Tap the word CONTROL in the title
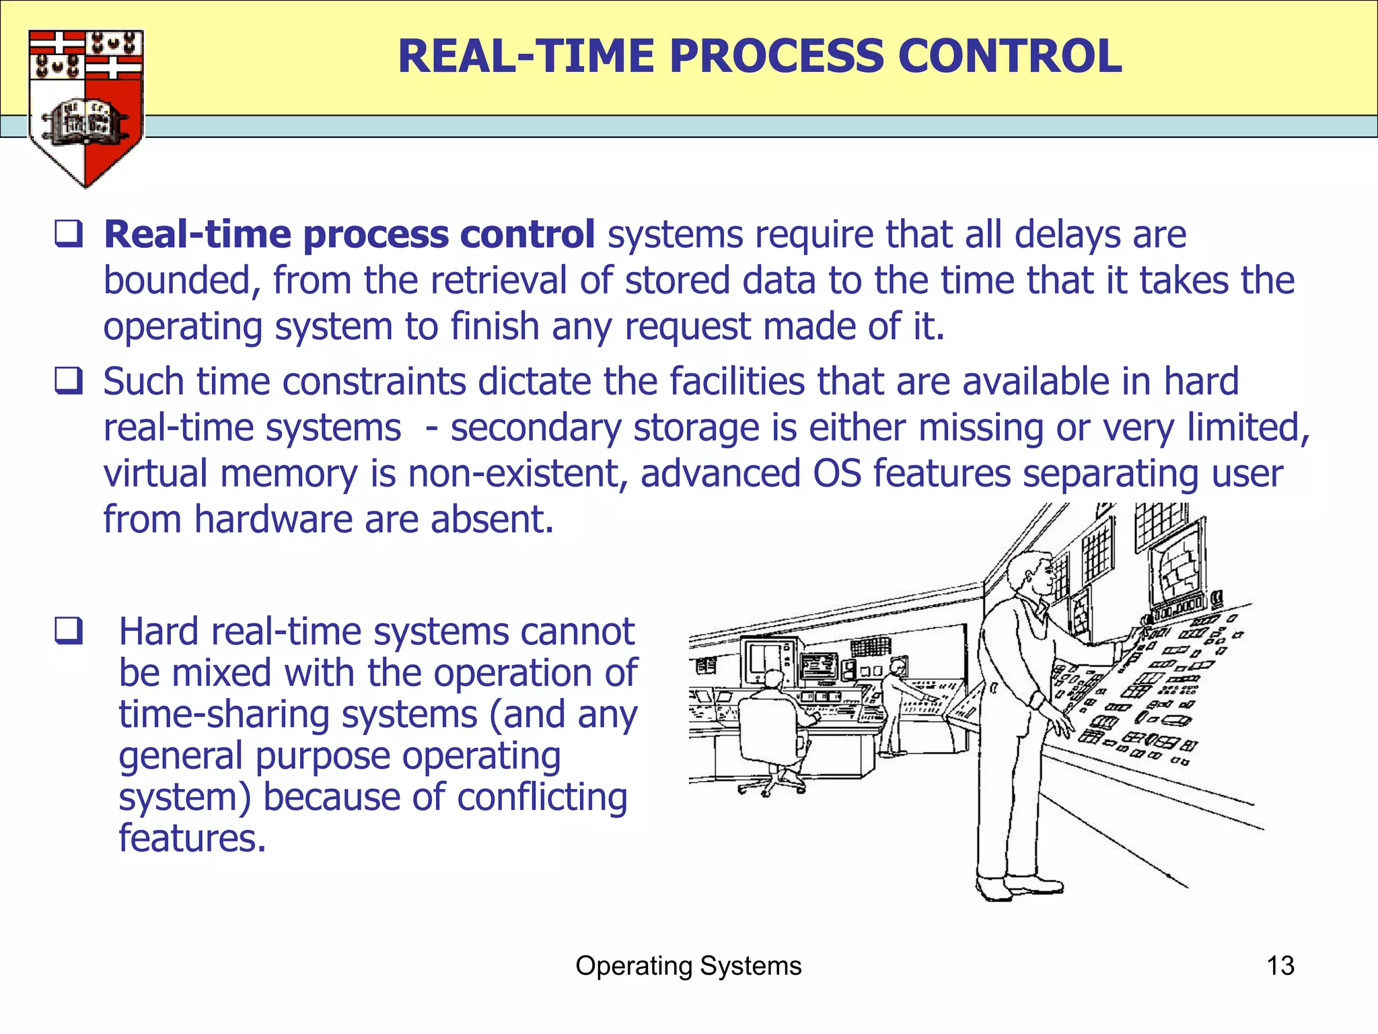pos(1009,56)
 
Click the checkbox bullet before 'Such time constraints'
pos(69,381)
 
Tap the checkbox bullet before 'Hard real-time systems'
pos(69,631)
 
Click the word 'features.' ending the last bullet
pos(192,839)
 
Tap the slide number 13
pos(1280,965)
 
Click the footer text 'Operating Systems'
pos(688,965)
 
